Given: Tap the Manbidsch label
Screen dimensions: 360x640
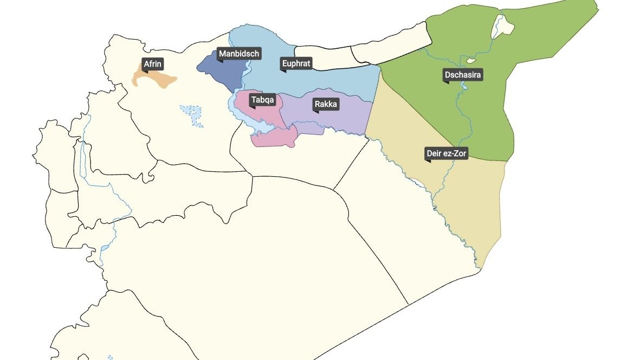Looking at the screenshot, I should tap(239, 54).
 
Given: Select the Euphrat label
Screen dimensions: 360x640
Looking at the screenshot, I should tap(296, 64).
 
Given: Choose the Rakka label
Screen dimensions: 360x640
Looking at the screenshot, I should tap(326, 104).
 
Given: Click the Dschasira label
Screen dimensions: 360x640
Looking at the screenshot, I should tap(463, 75).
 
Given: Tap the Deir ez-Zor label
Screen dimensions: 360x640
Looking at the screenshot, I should tap(446, 154).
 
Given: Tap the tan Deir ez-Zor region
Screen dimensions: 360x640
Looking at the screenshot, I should tap(466, 206).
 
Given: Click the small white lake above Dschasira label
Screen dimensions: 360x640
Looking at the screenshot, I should tap(471, 60).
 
